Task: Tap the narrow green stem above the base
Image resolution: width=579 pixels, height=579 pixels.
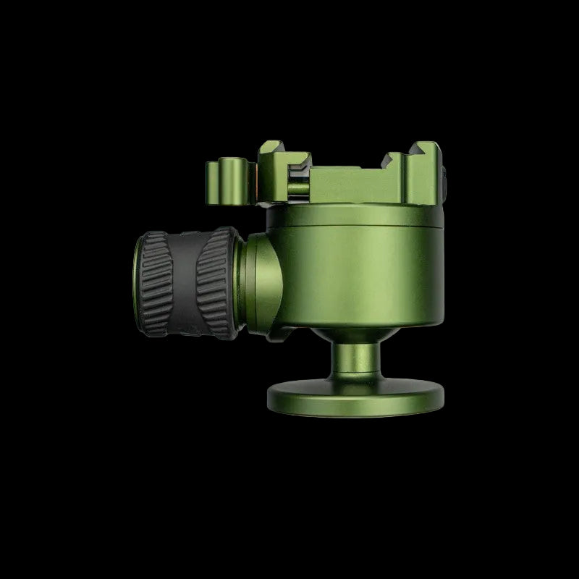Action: (354, 362)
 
